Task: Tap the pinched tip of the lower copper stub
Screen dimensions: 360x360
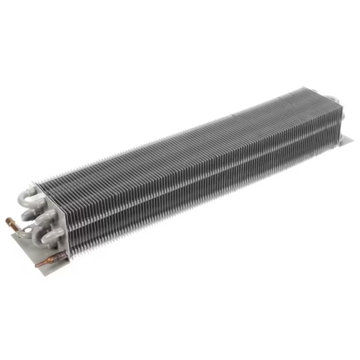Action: (37, 264)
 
